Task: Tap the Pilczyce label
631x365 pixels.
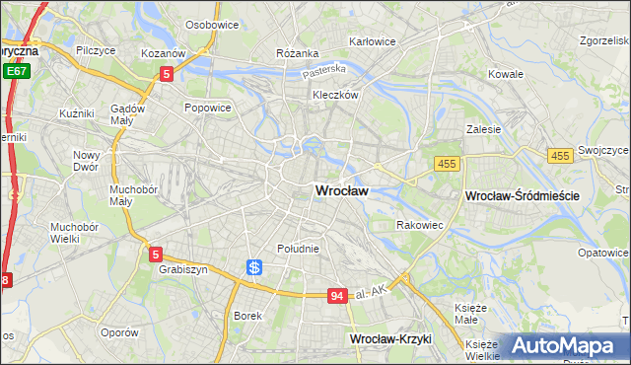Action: (99, 49)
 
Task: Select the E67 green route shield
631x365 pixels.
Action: (15, 72)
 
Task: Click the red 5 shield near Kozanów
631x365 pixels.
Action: (167, 73)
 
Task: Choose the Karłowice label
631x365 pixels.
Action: (372, 41)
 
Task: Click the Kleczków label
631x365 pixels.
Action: (333, 95)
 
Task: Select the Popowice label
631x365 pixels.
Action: (207, 108)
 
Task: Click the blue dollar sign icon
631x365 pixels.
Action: (254, 267)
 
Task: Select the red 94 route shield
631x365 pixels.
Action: (338, 296)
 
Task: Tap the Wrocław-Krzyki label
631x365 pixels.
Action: (391, 338)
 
